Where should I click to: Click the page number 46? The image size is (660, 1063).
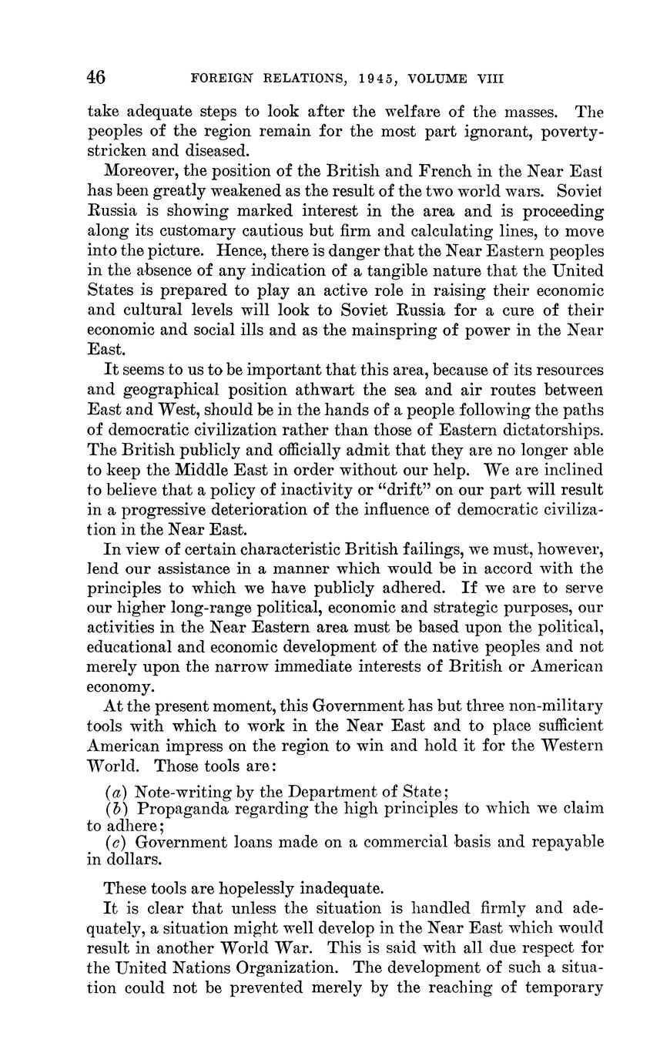[96, 77]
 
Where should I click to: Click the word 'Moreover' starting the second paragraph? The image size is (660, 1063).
[139, 170]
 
